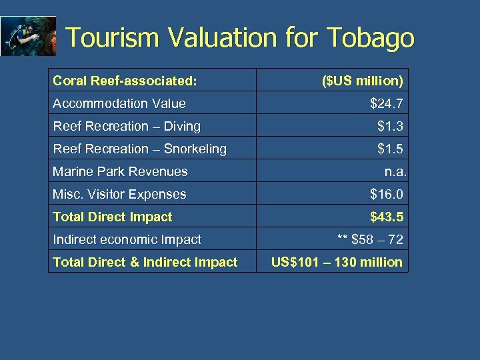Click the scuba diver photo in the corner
[x=28, y=36]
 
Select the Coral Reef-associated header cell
[x=125, y=81]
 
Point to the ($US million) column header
[x=362, y=81]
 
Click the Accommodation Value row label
[x=119, y=103]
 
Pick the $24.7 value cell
[x=387, y=103]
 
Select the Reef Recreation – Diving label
[x=127, y=126]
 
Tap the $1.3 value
[x=390, y=126]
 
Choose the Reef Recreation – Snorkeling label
[x=139, y=149]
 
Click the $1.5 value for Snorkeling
[x=390, y=149]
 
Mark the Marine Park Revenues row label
[x=120, y=171]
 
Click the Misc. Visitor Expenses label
[x=119, y=194]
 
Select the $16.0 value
[x=387, y=194]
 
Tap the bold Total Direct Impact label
[x=112, y=217]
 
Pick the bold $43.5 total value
[x=387, y=217]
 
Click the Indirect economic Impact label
[x=127, y=239]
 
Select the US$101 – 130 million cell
[x=337, y=262]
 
